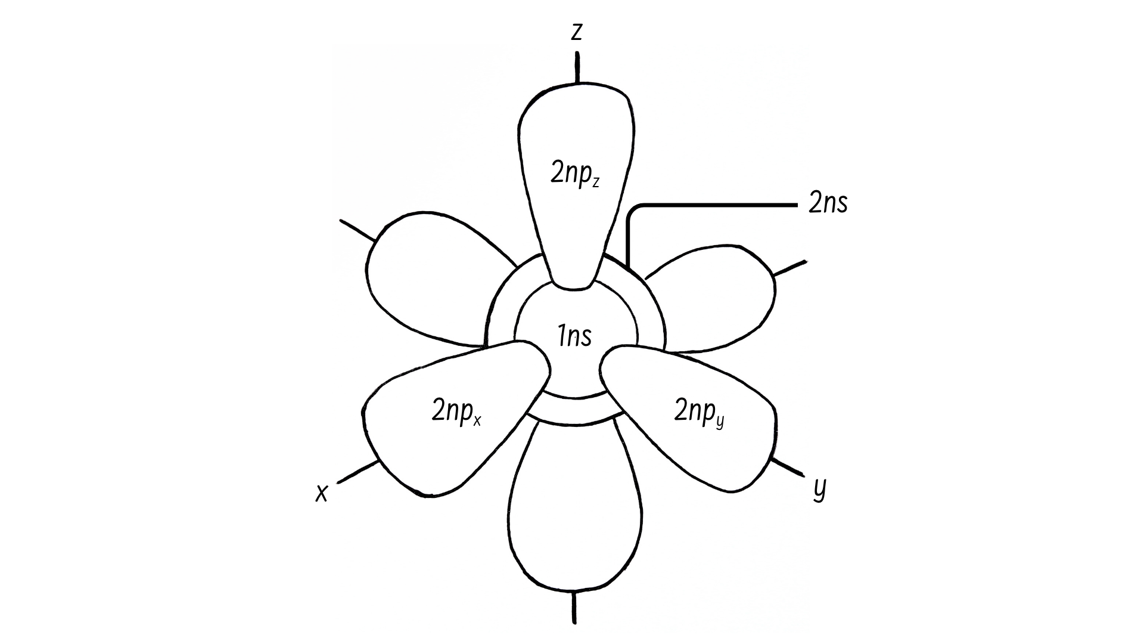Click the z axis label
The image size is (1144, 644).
[576, 32]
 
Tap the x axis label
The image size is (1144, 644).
[322, 493]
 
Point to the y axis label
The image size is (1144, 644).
[820, 489]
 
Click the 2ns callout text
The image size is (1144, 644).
[828, 204]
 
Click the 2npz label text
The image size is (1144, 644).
[575, 174]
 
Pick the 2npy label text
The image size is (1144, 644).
[700, 412]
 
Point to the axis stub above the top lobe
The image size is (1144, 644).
[577, 67]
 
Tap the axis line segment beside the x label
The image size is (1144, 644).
[358, 472]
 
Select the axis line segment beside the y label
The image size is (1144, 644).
[787, 466]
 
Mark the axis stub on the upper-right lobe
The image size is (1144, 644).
[789, 268]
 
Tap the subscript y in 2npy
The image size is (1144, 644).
[720, 422]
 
